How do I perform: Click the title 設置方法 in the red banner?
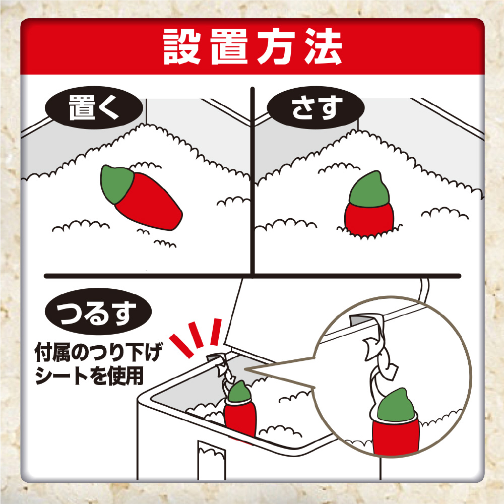click(253, 47)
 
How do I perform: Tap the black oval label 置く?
click(94, 108)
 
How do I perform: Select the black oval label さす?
click(316, 108)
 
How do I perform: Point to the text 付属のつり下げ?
click(99, 352)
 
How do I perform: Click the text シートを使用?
click(89, 375)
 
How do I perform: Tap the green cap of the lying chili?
click(116, 184)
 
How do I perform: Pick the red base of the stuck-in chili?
click(369, 220)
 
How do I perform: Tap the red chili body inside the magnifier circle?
click(396, 436)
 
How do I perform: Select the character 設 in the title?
click(182, 47)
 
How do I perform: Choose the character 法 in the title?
click(323, 47)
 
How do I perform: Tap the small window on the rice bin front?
click(212, 460)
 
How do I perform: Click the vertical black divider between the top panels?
click(253, 181)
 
